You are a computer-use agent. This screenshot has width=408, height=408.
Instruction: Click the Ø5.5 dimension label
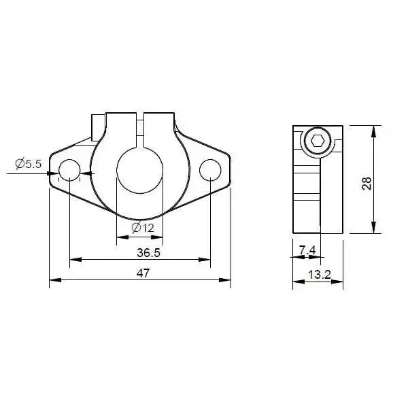(x=29, y=163)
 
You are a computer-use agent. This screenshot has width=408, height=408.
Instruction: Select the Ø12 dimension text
(x=143, y=227)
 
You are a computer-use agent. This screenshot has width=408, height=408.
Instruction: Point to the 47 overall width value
(x=143, y=273)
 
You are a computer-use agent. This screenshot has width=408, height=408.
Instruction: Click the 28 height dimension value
(x=367, y=182)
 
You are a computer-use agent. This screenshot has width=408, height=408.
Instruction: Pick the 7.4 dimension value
(x=307, y=250)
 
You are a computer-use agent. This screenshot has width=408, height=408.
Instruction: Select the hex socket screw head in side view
(x=317, y=142)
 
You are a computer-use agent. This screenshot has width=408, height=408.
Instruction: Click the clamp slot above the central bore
(x=139, y=129)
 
